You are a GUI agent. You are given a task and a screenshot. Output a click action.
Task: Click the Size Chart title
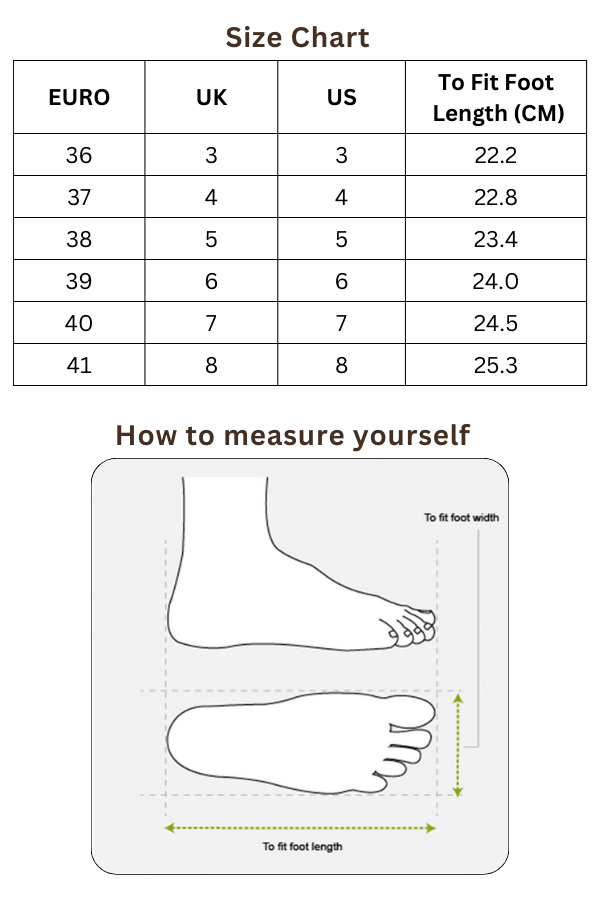pos(297,38)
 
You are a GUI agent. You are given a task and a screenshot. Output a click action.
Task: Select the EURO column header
pos(79,97)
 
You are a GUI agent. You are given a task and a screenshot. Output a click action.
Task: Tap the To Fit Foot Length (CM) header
pos(497,98)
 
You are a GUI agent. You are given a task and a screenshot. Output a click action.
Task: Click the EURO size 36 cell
pos(79,155)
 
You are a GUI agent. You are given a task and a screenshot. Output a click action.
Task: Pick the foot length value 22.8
pos(496,197)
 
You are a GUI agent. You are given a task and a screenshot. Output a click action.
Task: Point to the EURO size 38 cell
pos(79,239)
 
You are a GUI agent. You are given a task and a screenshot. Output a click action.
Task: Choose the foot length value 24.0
pos(496,281)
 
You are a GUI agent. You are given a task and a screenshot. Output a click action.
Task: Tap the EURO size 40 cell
pos(79,323)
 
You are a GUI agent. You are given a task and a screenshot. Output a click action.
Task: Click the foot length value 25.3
pos(496,365)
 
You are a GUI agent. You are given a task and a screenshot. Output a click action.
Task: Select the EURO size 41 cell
pos(79,365)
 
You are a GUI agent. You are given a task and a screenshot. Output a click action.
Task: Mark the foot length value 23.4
pos(496,239)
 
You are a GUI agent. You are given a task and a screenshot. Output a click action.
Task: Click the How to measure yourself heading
pos(293,436)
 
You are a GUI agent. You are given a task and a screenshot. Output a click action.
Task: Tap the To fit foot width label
pos(462,518)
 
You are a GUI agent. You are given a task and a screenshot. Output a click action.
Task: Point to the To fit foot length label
pos(303,847)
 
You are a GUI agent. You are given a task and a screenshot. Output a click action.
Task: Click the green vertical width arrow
pos(458,745)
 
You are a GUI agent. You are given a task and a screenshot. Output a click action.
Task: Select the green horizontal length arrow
pos(300,828)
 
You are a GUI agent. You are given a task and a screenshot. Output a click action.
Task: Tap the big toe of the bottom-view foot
pos(411,712)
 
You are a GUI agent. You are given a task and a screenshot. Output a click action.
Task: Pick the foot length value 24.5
pos(496,323)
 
